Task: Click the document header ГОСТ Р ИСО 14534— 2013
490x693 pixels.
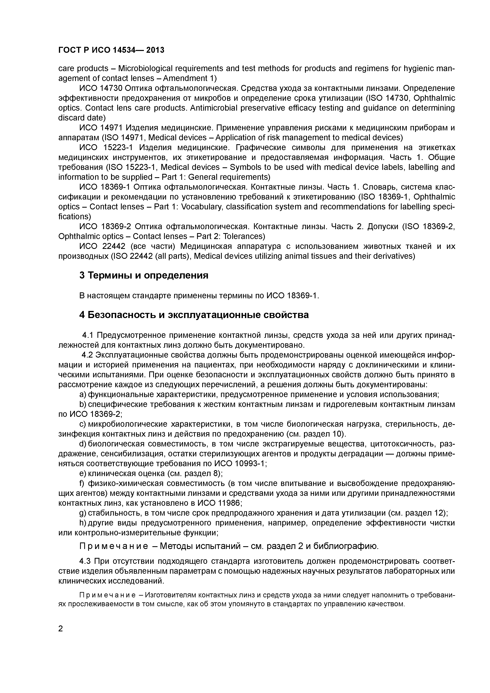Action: coord(111,50)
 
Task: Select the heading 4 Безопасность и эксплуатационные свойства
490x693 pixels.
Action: coord(194,315)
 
